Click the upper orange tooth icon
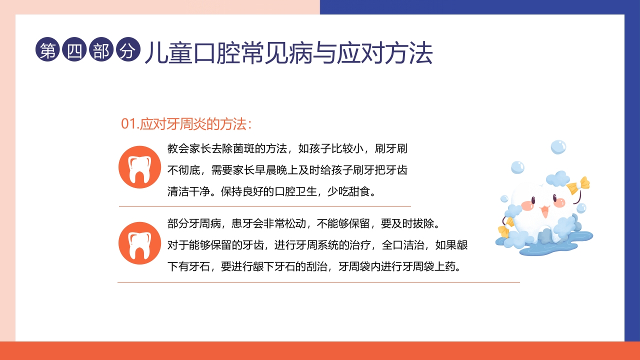(x=139, y=167)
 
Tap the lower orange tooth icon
(x=139, y=243)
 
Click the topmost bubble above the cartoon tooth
(x=558, y=147)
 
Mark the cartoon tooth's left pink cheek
(x=526, y=205)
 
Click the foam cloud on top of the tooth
(x=557, y=178)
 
